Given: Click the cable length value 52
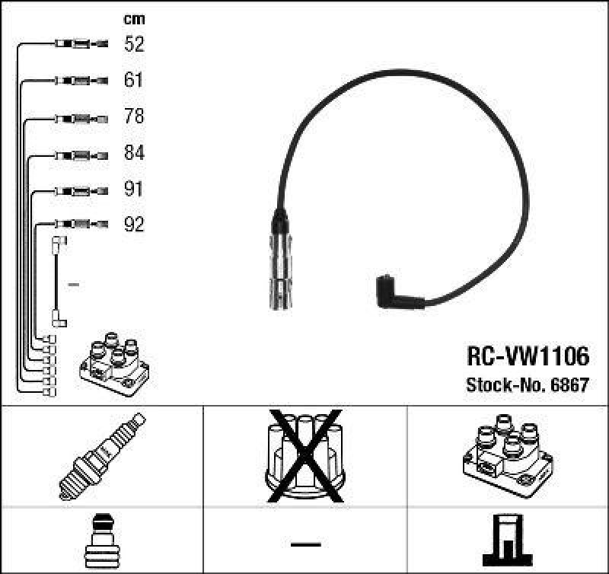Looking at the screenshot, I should click(x=134, y=44).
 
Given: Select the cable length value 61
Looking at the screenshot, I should click(x=134, y=80).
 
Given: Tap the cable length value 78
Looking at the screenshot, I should click(x=134, y=116).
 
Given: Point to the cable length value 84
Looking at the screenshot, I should click(x=134, y=153).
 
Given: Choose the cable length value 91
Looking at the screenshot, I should click(x=134, y=189).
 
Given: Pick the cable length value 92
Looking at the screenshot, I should click(x=134, y=225).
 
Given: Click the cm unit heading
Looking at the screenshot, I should click(x=134, y=19).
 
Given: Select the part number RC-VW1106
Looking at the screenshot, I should click(x=526, y=356).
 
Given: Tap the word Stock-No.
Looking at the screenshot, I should click(x=503, y=384).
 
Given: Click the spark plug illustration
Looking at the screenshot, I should click(x=102, y=455).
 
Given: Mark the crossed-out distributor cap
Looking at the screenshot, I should click(x=304, y=455).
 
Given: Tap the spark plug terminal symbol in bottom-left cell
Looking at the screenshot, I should click(x=102, y=540).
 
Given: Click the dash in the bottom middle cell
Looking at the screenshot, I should click(x=304, y=544).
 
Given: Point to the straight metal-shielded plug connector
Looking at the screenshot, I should click(x=279, y=263).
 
